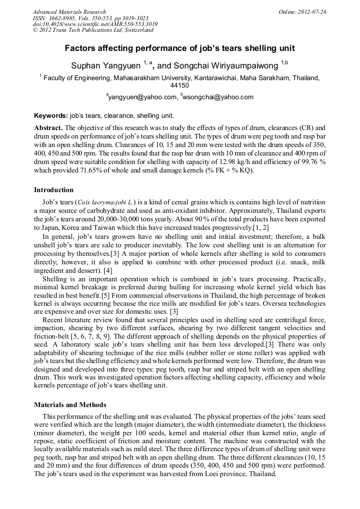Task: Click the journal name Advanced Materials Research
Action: coord(69,12)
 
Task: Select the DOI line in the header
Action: coord(95,24)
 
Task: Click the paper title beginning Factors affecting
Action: coord(179,48)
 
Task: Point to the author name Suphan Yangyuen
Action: coord(106,65)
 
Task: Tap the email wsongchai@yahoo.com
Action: coord(211,97)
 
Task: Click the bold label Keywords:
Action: coord(51,115)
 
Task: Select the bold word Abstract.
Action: coord(48,128)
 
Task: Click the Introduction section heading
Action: coord(54,189)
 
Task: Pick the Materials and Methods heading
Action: coord(70,404)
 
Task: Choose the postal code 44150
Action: coord(179,85)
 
